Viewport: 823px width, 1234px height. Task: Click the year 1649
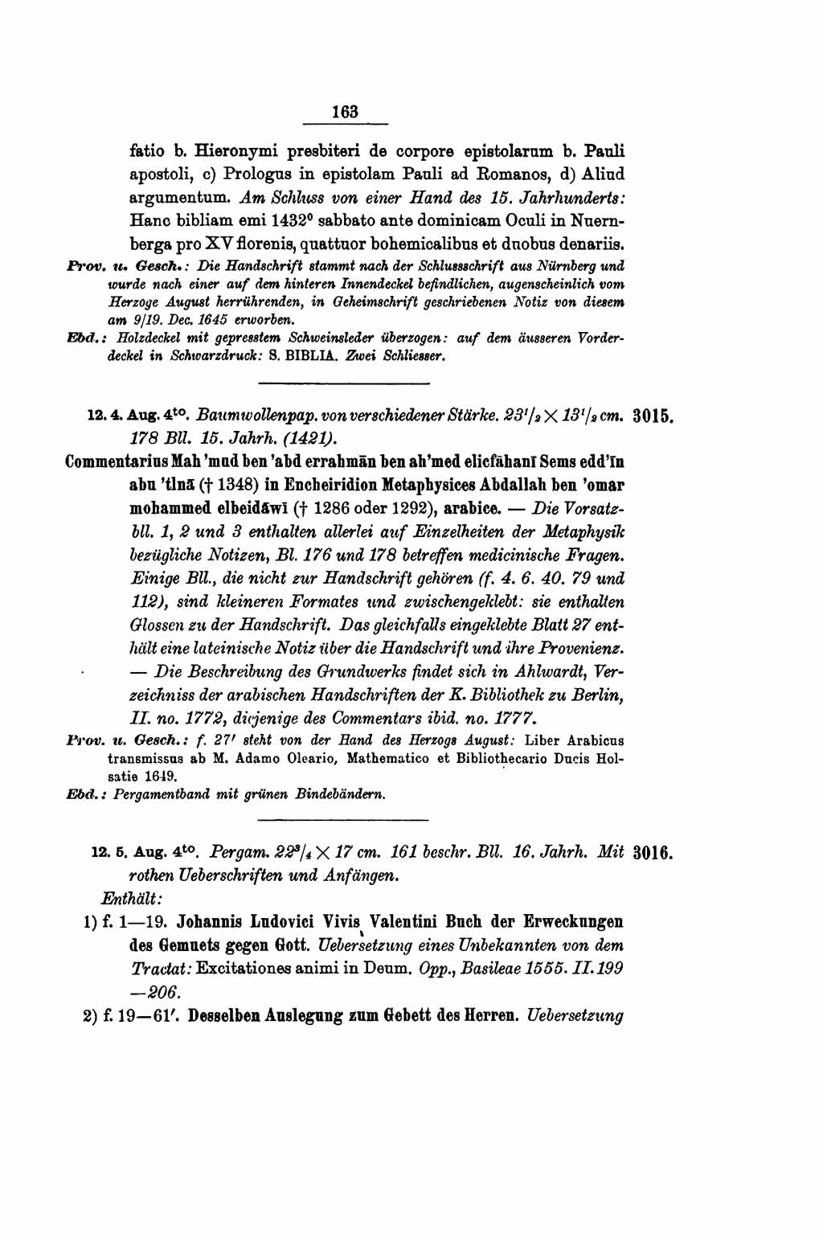(160, 777)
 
